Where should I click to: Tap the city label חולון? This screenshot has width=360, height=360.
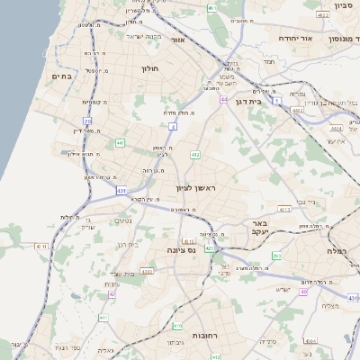149,67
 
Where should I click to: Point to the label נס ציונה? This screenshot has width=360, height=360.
182,251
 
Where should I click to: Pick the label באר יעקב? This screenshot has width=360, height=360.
259,227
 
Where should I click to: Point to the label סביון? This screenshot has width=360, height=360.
342,5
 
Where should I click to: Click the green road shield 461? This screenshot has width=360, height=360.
211,8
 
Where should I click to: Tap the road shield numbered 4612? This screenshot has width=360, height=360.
322,15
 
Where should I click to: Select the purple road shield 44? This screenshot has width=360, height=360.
223,99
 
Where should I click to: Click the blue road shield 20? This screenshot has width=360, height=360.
87,120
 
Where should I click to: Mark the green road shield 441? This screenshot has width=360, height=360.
120,142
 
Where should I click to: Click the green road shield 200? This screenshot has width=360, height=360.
275,256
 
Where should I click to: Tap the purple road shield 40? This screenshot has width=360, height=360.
303,292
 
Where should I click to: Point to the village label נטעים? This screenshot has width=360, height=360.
124,221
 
